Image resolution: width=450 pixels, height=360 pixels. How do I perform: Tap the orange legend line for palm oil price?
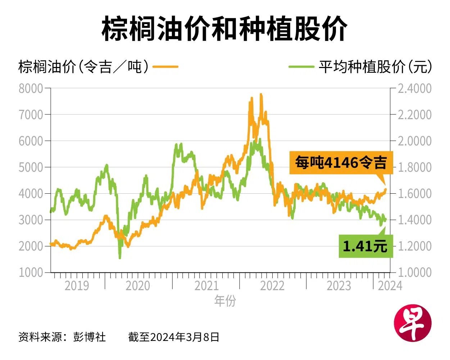[165, 67]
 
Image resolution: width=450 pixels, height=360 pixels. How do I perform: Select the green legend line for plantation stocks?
[301, 67]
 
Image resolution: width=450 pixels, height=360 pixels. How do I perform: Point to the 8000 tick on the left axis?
[31, 89]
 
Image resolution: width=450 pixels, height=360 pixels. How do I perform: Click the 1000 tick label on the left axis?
[31, 273]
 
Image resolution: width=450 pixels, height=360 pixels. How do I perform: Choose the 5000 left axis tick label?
[31, 167]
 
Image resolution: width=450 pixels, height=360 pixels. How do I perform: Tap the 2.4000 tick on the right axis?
[414, 89]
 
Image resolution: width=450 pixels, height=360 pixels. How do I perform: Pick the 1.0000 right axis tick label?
[414, 273]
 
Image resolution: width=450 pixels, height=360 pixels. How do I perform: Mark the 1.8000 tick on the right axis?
[414, 167]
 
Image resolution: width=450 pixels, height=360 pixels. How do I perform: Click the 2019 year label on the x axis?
[77, 286]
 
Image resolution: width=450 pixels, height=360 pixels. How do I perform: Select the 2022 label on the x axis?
[272, 286]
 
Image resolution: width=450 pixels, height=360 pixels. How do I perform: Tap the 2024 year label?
[390, 286]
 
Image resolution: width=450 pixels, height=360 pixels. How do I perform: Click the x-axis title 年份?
[225, 301]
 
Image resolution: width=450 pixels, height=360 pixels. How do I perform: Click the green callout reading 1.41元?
[365, 246]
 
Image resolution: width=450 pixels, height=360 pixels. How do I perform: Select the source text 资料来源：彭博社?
[62, 337]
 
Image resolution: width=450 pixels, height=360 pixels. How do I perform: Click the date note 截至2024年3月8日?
[174, 337]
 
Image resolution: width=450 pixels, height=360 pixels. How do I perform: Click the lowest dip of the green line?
[120, 258]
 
